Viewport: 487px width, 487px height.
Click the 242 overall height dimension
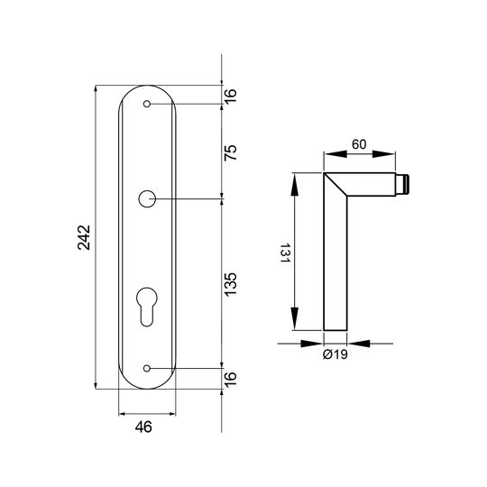pyautogui.click(x=84, y=237)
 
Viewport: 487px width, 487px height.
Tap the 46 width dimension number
pyautogui.click(x=143, y=427)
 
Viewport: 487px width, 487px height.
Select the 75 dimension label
pyautogui.click(x=231, y=152)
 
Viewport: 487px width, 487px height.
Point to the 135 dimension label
pyautogui.click(x=231, y=284)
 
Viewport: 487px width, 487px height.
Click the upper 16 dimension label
pyautogui.click(x=231, y=96)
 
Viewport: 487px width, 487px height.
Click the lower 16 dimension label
pyautogui.click(x=231, y=379)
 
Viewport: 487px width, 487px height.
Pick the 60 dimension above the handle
pyautogui.click(x=359, y=144)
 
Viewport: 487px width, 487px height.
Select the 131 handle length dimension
pyautogui.click(x=285, y=253)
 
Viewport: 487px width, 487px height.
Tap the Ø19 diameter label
pyautogui.click(x=335, y=354)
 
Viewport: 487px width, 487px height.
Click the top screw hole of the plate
pyautogui.click(x=147, y=104)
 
